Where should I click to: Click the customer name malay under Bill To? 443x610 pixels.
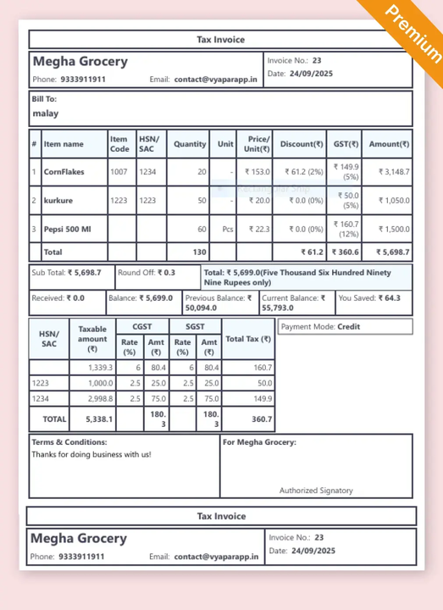coord(46,114)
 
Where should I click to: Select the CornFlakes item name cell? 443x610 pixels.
coord(64,172)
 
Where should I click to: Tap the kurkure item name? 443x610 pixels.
coord(58,201)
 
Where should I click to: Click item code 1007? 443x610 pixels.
coord(119,172)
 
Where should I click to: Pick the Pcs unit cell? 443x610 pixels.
coord(227,230)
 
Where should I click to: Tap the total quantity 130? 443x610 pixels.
coord(199,252)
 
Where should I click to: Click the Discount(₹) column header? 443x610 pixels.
coord(302,144)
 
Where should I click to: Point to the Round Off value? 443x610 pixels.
coord(168,273)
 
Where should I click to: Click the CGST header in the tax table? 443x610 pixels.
coord(142,326)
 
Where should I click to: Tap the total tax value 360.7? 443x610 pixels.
coord(261,419)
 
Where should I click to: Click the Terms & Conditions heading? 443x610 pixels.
coord(69,442)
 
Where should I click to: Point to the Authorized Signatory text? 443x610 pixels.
coord(316,491)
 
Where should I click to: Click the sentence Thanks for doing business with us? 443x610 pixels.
coord(91,455)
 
